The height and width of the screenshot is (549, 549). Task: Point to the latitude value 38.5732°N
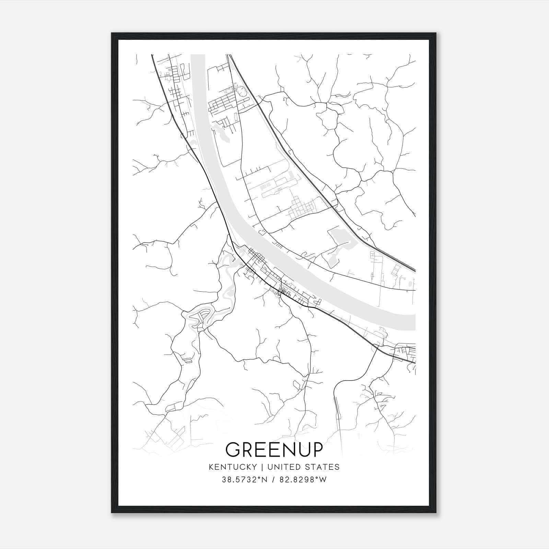[x=244, y=480]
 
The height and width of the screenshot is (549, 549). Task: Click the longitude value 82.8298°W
[x=303, y=480]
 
